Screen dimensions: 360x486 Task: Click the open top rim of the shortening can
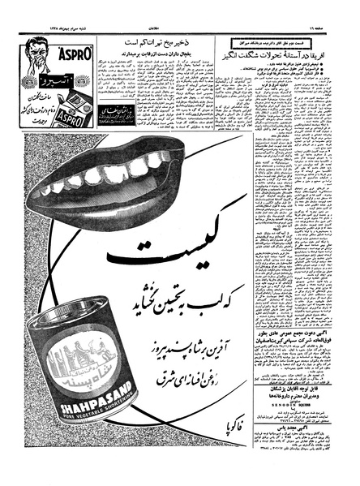[x=73, y=316]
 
